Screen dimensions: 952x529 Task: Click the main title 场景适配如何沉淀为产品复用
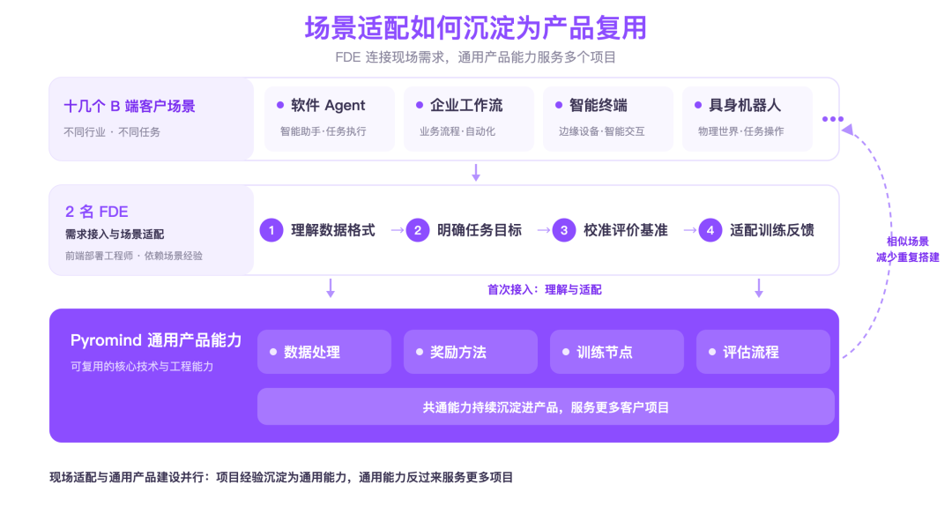tap(475, 28)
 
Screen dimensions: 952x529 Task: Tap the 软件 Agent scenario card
tap(330, 118)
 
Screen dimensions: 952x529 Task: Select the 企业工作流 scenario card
tap(469, 118)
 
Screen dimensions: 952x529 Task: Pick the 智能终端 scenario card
tap(608, 118)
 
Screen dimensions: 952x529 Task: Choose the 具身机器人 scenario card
tap(747, 118)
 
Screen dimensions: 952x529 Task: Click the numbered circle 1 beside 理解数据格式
tap(271, 230)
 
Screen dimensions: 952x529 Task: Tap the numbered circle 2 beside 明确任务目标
tap(418, 230)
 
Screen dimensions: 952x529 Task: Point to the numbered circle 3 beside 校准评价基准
tap(564, 230)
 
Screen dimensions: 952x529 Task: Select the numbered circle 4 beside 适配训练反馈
tap(710, 230)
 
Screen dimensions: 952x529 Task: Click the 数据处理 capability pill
tap(324, 352)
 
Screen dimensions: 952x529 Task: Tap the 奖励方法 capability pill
tap(471, 352)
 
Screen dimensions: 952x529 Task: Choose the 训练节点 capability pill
tap(617, 352)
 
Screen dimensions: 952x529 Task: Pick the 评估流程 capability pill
tap(763, 352)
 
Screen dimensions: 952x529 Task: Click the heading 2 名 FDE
tap(97, 212)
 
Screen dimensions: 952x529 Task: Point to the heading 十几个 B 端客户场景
tap(130, 107)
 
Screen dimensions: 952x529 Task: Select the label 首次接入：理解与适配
tap(545, 290)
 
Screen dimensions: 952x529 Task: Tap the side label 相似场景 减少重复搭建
tap(908, 249)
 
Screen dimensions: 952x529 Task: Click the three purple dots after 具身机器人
tap(833, 119)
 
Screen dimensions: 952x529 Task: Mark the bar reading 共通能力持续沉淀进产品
tap(546, 407)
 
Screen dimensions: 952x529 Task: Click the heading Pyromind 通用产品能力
tap(156, 340)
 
